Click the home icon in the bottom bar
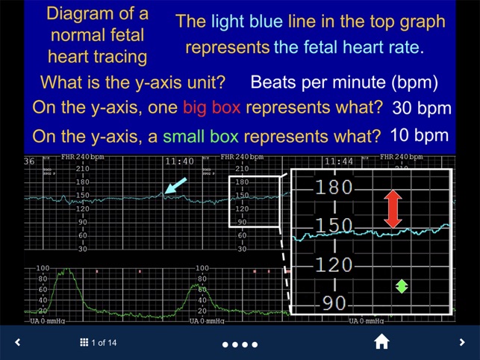point(381,342)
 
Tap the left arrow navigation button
point(18,343)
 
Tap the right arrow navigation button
point(461,343)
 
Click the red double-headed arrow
point(393,208)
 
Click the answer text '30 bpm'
point(422,108)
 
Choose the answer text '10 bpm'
point(420,135)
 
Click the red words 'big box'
point(212,107)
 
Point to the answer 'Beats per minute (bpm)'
point(344,82)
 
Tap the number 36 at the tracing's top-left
point(29,161)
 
